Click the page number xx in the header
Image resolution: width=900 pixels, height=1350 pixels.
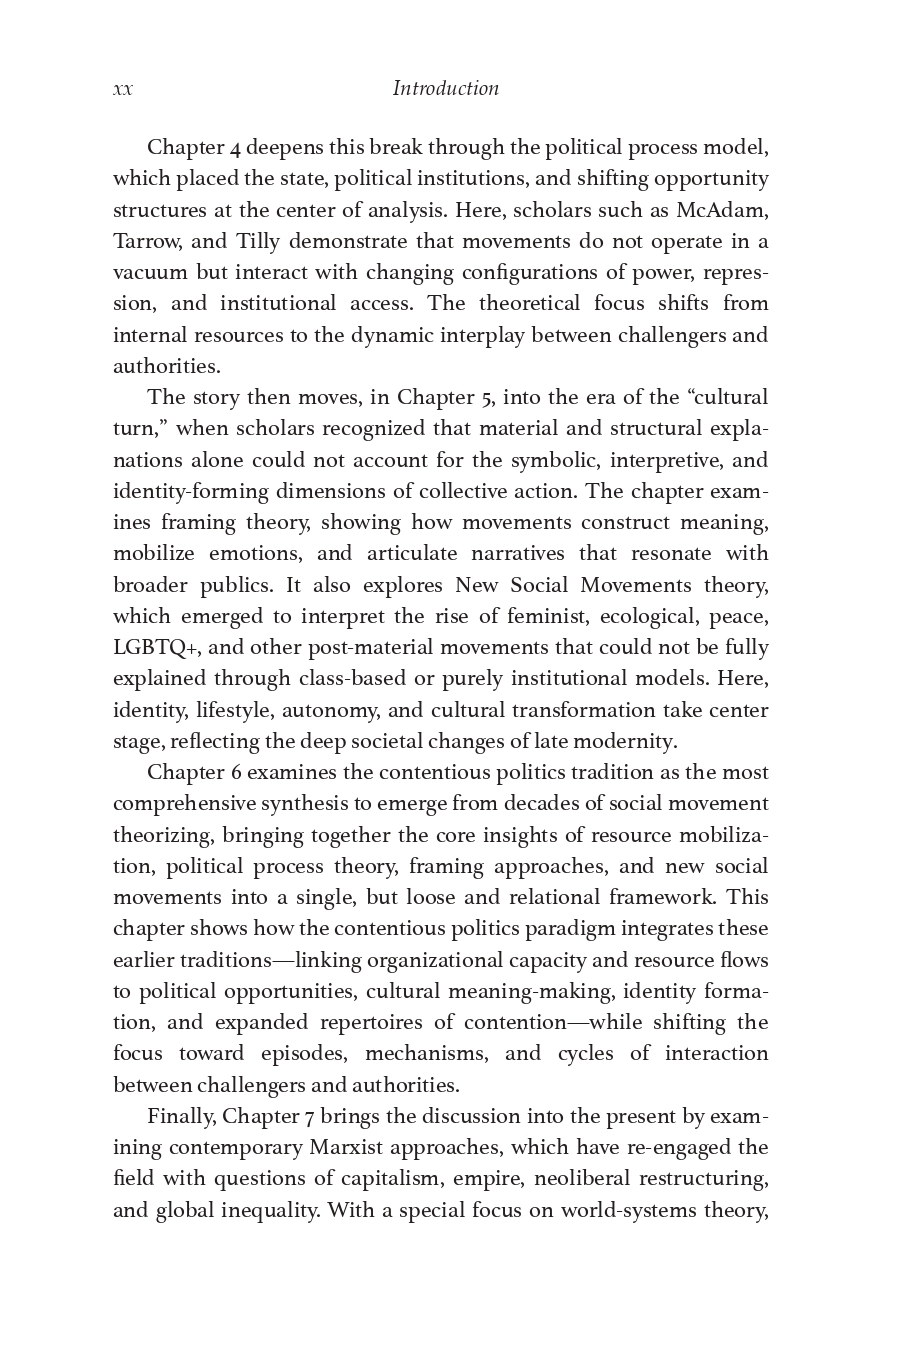pyautogui.click(x=122, y=89)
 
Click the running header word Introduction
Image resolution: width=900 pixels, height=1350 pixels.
pyautogui.click(x=445, y=88)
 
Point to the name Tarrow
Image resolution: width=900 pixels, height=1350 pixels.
pyautogui.click(x=145, y=241)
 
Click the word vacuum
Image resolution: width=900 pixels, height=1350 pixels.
pyautogui.click(x=150, y=272)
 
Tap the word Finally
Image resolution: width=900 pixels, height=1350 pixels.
pyautogui.click(x=181, y=1116)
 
